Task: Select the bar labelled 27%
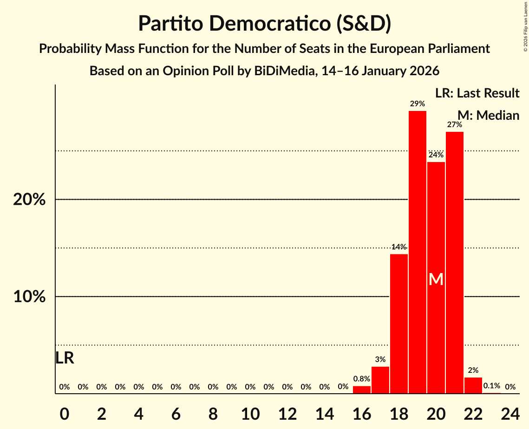[454, 262]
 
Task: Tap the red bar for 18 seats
[398, 324]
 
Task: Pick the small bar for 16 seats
[361, 390]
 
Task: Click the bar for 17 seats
[380, 380]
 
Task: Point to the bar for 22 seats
[473, 385]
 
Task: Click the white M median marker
[436, 279]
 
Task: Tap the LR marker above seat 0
[65, 358]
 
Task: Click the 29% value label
[417, 104]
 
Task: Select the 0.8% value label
[361, 379]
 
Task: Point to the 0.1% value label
[491, 386]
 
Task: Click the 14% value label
[398, 247]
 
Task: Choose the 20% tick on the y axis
[29, 200]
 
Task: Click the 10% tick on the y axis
[29, 297]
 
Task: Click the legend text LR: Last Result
[477, 93]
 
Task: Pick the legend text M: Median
[488, 115]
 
